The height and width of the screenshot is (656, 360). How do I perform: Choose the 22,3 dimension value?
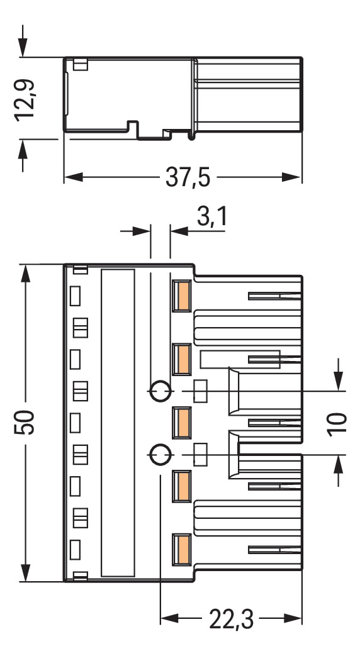click(x=231, y=621)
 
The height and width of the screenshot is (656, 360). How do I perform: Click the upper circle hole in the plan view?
click(x=160, y=391)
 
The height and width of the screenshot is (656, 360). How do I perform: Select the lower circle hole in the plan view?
click(x=160, y=453)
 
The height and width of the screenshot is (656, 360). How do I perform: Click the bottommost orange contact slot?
click(x=183, y=549)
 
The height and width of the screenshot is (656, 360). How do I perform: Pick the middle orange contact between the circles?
click(x=183, y=422)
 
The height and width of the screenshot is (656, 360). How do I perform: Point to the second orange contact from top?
click(x=183, y=359)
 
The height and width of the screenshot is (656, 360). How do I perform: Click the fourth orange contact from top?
click(x=183, y=486)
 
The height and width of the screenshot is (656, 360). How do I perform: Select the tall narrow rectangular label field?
click(x=118, y=423)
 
